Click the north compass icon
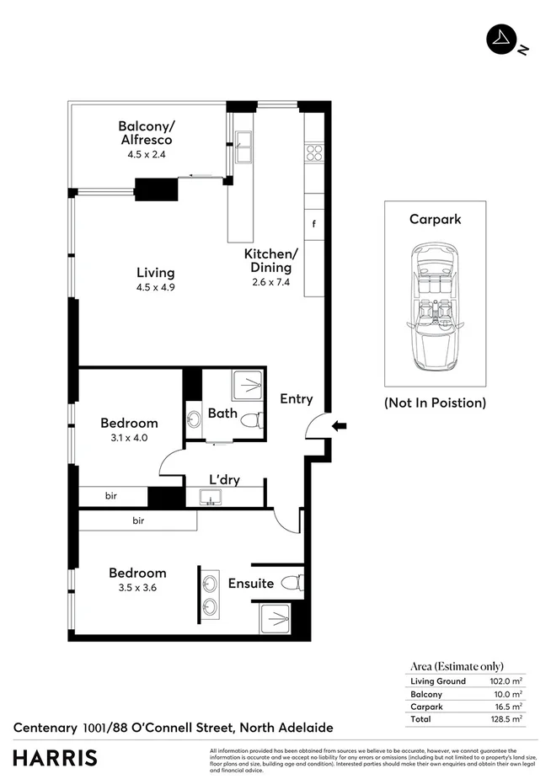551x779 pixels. click(x=502, y=40)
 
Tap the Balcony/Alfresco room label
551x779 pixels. click(x=146, y=133)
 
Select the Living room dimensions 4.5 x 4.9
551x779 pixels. click(x=156, y=287)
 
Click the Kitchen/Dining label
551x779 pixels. click(x=270, y=260)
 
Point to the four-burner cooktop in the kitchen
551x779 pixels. click(x=314, y=152)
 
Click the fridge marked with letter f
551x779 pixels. click(x=314, y=224)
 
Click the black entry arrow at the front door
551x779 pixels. click(x=340, y=426)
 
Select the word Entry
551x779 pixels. click(x=297, y=398)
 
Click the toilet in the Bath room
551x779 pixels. click(x=250, y=423)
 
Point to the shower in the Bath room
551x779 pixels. click(x=248, y=387)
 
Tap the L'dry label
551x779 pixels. click(x=225, y=480)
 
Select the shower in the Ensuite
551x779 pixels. click(x=276, y=621)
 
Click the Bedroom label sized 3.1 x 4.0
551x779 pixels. click(x=129, y=423)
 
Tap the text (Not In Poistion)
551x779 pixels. click(x=436, y=403)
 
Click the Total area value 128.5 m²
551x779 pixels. click(x=506, y=719)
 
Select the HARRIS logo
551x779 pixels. click(x=54, y=758)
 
